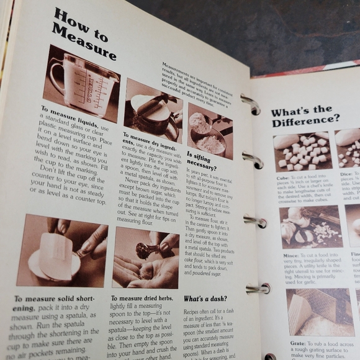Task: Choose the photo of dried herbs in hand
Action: click(145, 258)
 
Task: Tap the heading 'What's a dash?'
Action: click(204, 299)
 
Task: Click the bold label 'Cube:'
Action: click(283, 179)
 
